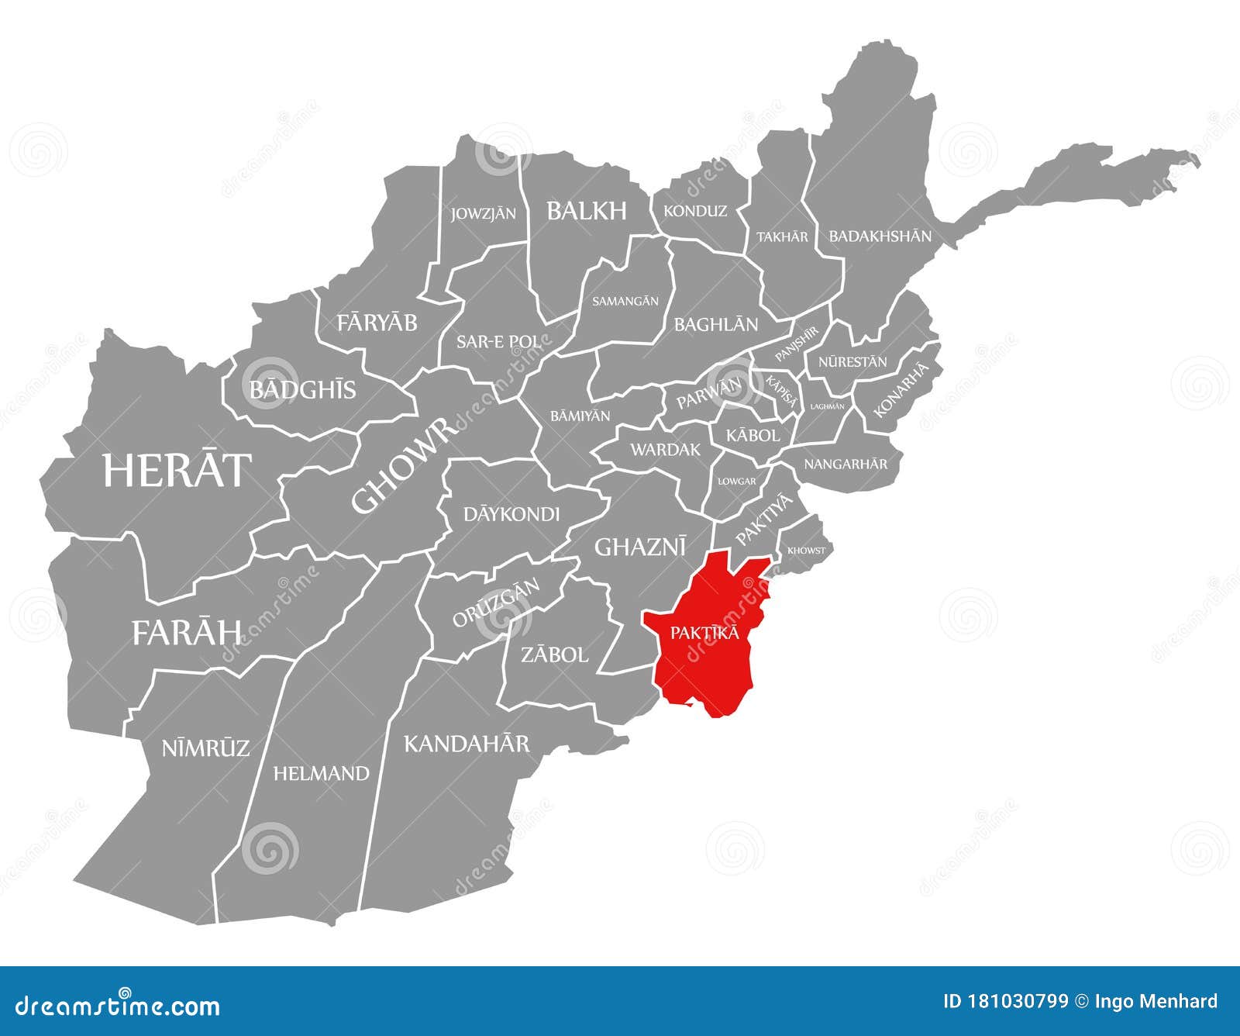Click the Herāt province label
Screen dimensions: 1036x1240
pyautogui.click(x=177, y=470)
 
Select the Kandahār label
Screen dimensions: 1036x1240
pyautogui.click(x=467, y=744)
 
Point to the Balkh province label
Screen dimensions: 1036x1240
pyautogui.click(x=586, y=211)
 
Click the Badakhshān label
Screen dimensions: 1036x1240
pyautogui.click(x=880, y=236)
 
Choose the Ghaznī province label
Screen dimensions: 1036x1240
pyautogui.click(x=640, y=547)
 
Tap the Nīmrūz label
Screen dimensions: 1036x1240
pyautogui.click(x=205, y=748)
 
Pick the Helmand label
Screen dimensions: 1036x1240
pyautogui.click(x=321, y=773)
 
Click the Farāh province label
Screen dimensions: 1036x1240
pyautogui.click(x=187, y=633)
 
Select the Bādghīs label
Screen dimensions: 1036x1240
pyautogui.click(x=302, y=389)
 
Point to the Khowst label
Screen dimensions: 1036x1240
pyautogui.click(x=806, y=551)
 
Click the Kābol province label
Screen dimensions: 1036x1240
pyautogui.click(x=753, y=436)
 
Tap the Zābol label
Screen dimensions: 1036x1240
pyautogui.click(x=554, y=655)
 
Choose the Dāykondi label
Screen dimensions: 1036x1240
pyautogui.click(x=511, y=514)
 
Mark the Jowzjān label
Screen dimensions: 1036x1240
pyautogui.click(x=483, y=213)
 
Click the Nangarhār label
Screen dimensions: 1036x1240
pyautogui.click(x=846, y=464)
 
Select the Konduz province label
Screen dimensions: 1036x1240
pyautogui.click(x=695, y=211)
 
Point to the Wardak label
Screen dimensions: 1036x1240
pyautogui.click(x=665, y=450)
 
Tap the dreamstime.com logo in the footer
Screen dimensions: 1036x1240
pyautogui.click(x=118, y=1006)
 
